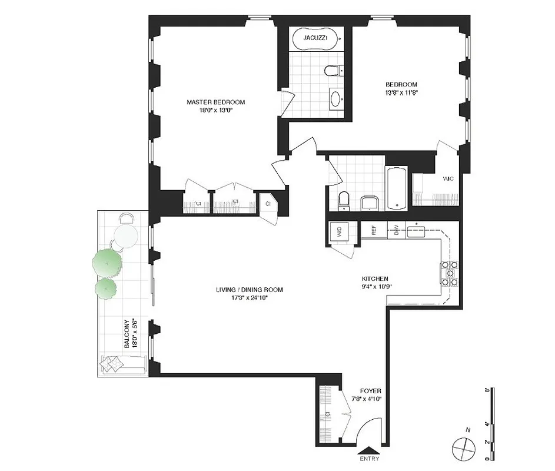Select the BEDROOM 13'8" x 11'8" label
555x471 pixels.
401,88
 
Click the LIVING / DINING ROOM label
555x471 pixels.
250,293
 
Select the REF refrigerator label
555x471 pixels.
373,231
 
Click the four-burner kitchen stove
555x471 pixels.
450,273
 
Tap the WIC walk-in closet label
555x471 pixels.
448,179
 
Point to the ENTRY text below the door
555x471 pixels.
368,459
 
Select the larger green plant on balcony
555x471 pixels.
107,262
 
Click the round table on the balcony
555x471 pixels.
125,237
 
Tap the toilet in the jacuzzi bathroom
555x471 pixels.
333,71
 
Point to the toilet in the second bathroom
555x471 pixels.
345,200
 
